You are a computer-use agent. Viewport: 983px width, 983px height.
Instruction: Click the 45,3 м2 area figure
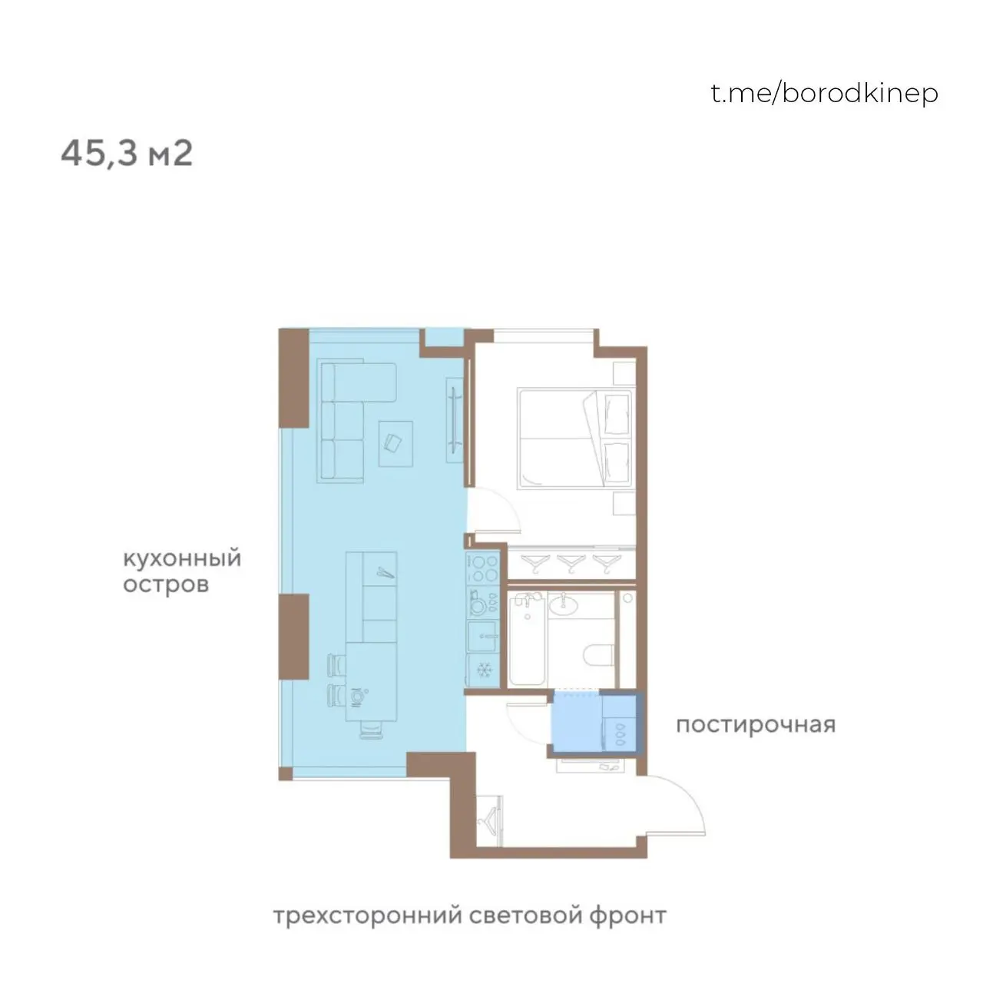coord(127,154)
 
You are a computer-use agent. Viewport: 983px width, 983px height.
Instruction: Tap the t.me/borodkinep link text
coord(824,93)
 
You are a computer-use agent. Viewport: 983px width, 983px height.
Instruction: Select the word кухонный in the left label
coord(182,558)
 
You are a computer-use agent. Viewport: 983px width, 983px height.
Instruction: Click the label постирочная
coord(755,724)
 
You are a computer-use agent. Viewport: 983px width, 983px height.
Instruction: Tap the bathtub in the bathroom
coord(527,639)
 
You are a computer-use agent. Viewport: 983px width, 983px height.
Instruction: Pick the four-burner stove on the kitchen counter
coord(483,568)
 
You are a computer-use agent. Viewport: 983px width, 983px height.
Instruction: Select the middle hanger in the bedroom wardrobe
coord(571,562)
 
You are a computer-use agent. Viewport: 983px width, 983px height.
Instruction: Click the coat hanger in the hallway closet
coord(490,822)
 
